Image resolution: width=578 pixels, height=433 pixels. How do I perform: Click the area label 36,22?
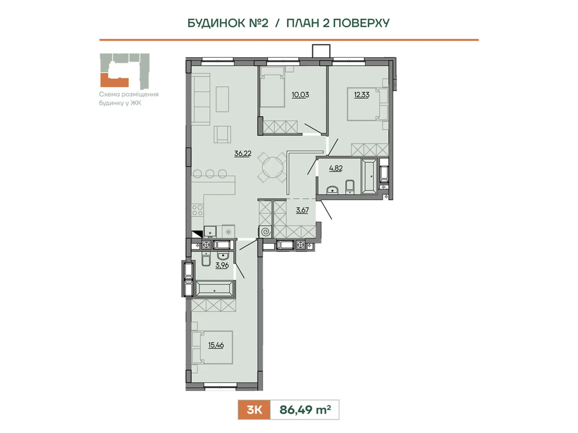point(242,153)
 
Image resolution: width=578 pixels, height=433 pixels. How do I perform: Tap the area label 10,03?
point(300,95)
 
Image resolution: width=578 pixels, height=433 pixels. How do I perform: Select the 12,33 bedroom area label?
point(361,95)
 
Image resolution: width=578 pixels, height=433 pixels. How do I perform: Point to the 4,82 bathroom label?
point(336,168)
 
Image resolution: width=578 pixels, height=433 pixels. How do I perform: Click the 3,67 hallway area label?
point(302,210)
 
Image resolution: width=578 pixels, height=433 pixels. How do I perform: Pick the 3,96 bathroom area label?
point(222,265)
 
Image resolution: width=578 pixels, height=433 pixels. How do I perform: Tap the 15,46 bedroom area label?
point(216,345)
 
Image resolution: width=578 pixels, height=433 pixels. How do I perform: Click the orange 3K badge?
point(254,410)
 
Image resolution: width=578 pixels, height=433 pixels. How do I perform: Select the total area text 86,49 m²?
point(305,410)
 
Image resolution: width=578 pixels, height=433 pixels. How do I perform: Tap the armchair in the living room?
point(222,134)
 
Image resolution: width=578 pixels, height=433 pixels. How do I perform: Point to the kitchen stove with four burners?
point(197,210)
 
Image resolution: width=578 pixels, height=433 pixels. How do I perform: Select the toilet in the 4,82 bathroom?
point(350,187)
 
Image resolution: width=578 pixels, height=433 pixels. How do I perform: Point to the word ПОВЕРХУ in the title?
point(361,23)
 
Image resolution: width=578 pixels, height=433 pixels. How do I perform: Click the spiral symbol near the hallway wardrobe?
point(266,231)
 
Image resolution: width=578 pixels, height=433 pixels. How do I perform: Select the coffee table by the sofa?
point(223,99)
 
